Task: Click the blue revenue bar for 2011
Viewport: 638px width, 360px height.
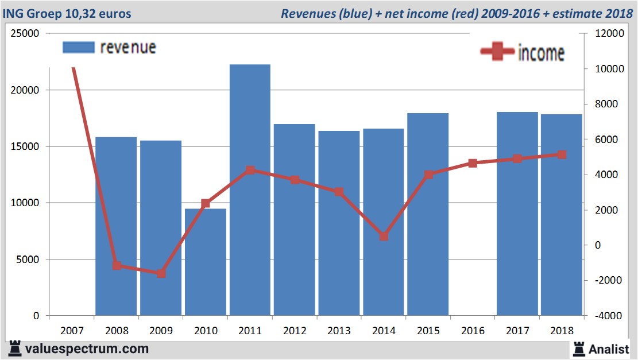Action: [249, 189]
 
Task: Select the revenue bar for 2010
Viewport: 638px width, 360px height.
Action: [205, 262]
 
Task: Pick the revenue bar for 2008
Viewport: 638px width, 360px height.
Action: [116, 226]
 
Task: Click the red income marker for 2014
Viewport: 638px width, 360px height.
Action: [384, 236]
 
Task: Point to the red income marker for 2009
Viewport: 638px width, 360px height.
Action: [161, 273]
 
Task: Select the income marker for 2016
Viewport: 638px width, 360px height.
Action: [473, 163]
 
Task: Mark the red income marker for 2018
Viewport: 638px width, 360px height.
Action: [562, 154]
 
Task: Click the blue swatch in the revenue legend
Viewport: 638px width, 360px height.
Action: [78, 47]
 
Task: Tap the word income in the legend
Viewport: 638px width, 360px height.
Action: [541, 53]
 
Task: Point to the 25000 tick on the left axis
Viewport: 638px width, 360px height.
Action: [25, 33]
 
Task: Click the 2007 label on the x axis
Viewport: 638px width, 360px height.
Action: [72, 331]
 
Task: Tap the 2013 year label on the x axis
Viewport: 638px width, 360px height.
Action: [339, 331]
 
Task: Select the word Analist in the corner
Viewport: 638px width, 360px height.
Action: [609, 349]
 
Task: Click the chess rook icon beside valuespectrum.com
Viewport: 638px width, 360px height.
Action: [13, 348]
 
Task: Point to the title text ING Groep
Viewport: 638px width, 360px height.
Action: [32, 13]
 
